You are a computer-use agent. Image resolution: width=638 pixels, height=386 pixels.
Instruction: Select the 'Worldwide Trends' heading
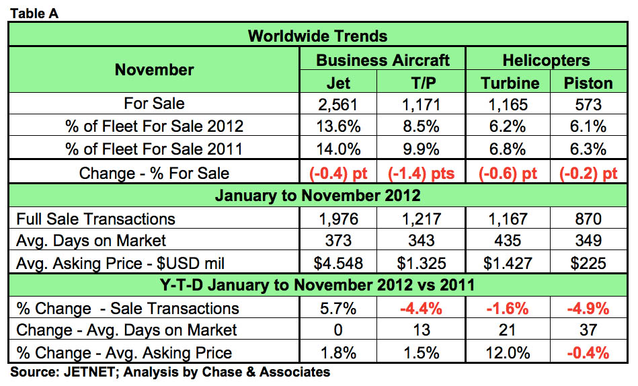click(318, 36)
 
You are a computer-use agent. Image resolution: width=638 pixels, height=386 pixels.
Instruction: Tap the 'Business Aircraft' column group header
click(383, 60)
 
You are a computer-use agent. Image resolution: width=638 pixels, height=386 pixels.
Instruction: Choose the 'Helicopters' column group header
click(546, 60)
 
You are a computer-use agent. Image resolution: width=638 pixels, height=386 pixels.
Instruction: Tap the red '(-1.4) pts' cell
click(421, 173)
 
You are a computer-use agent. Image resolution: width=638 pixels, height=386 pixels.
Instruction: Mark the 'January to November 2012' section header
click(318, 196)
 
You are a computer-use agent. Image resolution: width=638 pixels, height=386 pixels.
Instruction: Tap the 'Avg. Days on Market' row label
click(91, 240)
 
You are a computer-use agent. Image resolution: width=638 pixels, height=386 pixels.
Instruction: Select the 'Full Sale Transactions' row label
click(95, 219)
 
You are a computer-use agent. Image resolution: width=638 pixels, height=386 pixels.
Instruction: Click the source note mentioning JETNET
click(169, 372)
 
